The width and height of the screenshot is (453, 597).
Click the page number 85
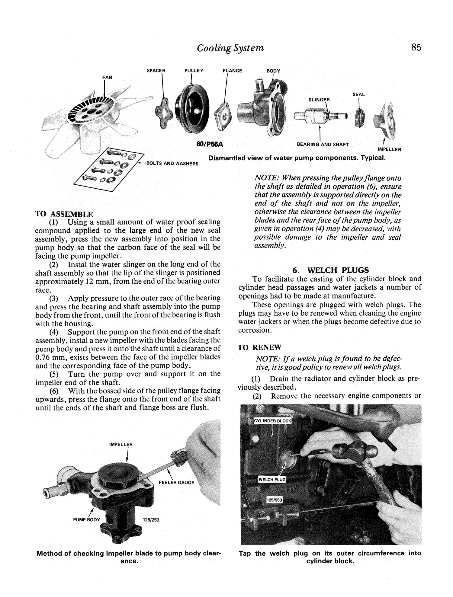416,47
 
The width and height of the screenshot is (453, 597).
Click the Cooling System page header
230,48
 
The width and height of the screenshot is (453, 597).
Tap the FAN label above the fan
107,77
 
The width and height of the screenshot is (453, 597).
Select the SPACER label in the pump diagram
156,71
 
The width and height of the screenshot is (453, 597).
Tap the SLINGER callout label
319,100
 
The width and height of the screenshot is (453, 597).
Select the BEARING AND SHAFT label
323,144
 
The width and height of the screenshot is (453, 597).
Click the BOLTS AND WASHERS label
172,164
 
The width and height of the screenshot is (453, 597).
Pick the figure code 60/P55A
210,144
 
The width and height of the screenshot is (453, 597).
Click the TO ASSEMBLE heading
64,214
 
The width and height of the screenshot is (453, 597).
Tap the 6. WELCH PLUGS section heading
331,270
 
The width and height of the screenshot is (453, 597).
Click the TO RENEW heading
259,347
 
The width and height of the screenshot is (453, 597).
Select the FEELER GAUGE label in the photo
176,482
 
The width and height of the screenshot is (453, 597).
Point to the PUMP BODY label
86,520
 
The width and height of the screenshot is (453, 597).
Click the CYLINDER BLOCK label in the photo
272,421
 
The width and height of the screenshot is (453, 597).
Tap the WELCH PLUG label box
272,479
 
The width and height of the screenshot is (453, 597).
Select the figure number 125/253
151,520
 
